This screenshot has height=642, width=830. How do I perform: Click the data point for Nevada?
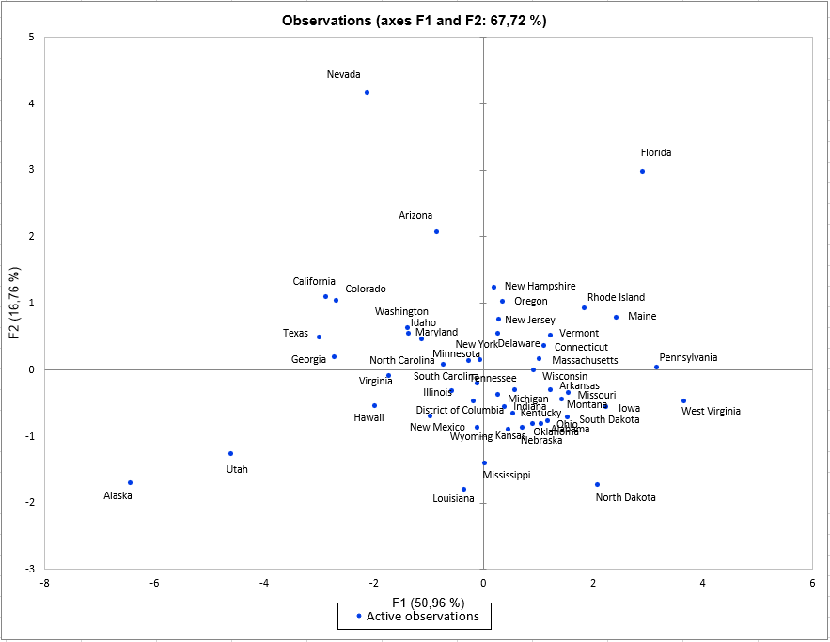coord(367,92)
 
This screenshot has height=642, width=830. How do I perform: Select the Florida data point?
coord(642,171)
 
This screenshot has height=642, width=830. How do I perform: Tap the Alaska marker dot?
coord(130,482)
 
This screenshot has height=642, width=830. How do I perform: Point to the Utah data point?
coord(230,453)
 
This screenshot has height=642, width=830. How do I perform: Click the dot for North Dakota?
coord(597,484)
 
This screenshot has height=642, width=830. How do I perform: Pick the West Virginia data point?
coord(683,400)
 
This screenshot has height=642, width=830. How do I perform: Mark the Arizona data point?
coord(436,231)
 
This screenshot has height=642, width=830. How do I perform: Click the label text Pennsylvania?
coord(688,357)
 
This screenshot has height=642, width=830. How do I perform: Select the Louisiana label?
coord(453,498)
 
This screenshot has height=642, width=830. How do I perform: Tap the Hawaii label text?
coord(368,417)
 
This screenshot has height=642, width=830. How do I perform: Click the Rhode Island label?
coord(616,297)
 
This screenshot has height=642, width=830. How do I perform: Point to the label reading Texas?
coord(295,333)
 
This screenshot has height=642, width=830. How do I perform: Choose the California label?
coord(314,281)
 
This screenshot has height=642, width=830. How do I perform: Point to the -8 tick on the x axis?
coord(44,583)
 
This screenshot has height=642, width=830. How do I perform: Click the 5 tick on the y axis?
coord(32,38)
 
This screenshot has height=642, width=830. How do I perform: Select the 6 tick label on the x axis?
coord(812,583)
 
